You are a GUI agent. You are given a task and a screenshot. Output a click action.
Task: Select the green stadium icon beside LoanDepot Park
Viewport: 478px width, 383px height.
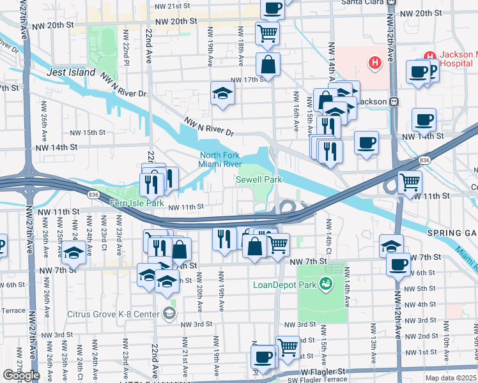click(327, 283)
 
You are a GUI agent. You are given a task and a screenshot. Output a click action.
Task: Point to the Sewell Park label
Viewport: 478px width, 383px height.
click(259, 180)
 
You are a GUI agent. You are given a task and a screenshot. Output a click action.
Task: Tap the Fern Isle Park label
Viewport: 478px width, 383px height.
click(133, 203)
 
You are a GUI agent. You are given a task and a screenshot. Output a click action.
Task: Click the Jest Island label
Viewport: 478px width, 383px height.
click(71, 73)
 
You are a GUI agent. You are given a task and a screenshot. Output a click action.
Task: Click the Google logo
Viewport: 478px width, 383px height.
click(21, 375)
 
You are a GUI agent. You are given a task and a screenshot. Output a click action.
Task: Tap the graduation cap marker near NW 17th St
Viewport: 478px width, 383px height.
click(222, 93)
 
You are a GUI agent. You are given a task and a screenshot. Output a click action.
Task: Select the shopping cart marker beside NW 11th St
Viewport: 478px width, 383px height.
click(410, 182)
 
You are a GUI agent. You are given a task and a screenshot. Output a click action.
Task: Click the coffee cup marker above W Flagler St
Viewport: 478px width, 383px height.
click(263, 356)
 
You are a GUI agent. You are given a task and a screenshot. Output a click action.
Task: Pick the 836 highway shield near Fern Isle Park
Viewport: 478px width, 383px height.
click(94, 194)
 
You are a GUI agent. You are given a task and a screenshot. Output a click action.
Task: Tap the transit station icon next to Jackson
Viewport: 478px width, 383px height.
click(394, 101)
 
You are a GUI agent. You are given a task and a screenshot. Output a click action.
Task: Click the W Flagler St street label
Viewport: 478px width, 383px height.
click(323, 371)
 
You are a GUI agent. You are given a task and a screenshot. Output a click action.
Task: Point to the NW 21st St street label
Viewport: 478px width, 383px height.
click(173, 5)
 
